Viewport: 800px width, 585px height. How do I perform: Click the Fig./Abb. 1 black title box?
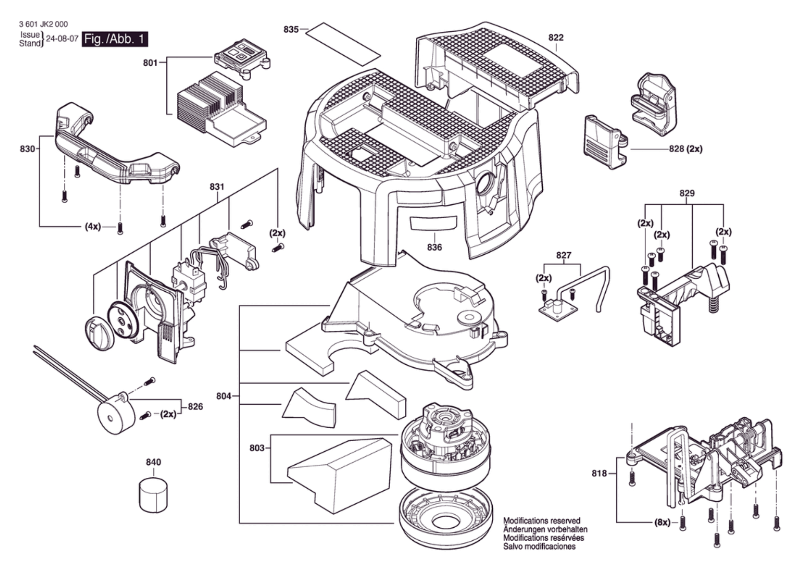(115, 39)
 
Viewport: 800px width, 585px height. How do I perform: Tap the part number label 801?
(150, 63)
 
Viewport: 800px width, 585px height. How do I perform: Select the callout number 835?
(291, 29)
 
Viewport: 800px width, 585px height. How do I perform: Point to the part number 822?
(556, 37)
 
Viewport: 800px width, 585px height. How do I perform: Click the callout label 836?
(435, 247)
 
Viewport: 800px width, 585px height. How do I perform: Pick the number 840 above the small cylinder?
(153, 462)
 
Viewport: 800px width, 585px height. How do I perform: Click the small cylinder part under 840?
(153, 494)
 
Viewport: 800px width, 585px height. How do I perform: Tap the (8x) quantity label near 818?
(662, 522)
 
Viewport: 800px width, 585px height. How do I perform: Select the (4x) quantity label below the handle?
(93, 227)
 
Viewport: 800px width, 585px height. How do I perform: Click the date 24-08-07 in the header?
(62, 39)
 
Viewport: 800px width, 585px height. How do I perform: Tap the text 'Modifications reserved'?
(542, 520)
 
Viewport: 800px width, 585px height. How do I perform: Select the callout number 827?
(564, 255)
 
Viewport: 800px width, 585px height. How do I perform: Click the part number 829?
(687, 193)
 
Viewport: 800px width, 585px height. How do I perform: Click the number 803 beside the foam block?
(257, 448)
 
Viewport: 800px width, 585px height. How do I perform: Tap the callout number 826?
(195, 407)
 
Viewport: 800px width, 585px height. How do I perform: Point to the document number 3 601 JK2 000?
(43, 24)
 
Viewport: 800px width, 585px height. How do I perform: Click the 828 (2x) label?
(686, 149)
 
